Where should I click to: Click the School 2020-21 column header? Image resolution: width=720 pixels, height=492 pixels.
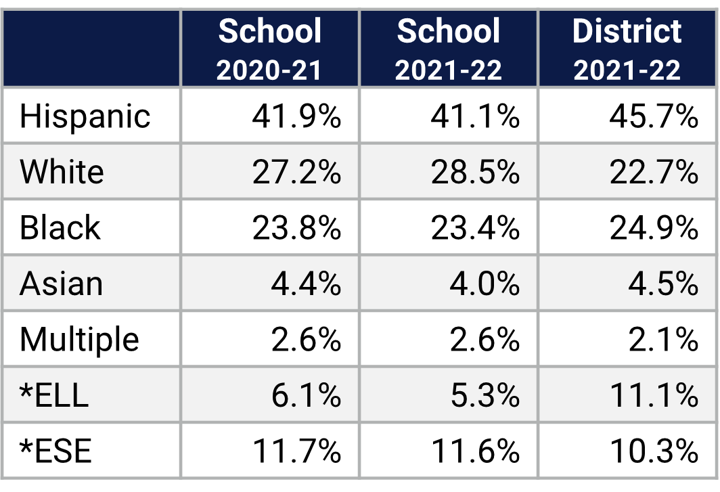[x=269, y=49]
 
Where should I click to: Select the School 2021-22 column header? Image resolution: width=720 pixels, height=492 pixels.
[x=449, y=49]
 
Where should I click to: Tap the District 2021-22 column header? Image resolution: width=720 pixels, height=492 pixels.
[x=627, y=49]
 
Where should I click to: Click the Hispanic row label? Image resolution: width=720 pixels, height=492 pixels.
[x=85, y=116]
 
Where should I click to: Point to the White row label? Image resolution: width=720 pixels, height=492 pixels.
[x=62, y=172]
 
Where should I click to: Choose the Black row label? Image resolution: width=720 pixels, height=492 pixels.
[x=60, y=227]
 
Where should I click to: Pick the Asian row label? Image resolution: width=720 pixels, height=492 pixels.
[x=61, y=283]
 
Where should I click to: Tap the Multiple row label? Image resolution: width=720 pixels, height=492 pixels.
[x=79, y=339]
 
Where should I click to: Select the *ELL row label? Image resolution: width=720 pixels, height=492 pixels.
[x=54, y=395]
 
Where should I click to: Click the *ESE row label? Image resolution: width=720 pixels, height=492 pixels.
[x=55, y=451]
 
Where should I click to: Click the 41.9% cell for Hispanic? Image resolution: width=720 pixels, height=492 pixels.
[x=296, y=116]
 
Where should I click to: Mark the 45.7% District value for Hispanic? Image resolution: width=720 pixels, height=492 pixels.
[x=654, y=116]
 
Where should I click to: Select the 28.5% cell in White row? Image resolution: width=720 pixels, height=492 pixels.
[x=475, y=172]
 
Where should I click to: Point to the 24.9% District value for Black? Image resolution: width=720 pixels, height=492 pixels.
[x=654, y=227]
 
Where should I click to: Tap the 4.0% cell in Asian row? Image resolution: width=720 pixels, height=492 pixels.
[x=485, y=283]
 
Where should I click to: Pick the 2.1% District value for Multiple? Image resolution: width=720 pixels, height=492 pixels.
[x=663, y=339]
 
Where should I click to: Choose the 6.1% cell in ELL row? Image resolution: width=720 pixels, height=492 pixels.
[x=306, y=395]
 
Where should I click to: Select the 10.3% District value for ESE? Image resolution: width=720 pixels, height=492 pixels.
[x=654, y=451]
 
